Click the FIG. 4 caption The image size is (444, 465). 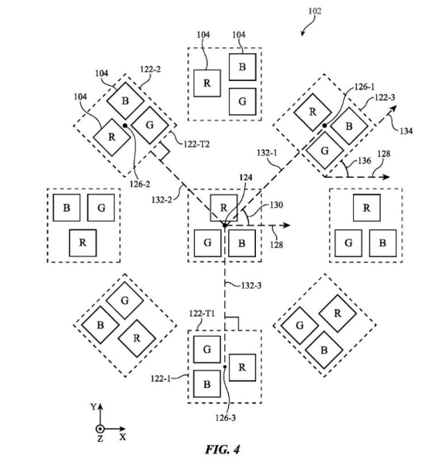(223, 450)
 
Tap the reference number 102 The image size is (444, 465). (314, 12)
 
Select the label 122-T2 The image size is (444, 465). (197, 144)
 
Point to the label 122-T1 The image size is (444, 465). (202, 314)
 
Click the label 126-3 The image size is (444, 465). (226, 418)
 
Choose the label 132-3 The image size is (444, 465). (251, 285)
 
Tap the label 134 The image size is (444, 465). (405, 131)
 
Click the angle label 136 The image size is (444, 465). (364, 161)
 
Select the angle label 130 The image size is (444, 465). (276, 205)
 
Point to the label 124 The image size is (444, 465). (246, 178)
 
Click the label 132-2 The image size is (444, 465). (162, 200)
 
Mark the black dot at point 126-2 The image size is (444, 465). (125, 125)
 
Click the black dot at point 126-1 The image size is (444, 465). (325, 125)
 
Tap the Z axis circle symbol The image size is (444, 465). (100, 429)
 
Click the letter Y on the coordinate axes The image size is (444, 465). (93, 406)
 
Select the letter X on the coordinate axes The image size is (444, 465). (123, 437)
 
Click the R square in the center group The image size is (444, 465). (224, 208)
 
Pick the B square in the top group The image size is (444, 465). (242, 67)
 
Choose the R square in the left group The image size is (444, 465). (82, 243)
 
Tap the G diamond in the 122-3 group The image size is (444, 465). (325, 151)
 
